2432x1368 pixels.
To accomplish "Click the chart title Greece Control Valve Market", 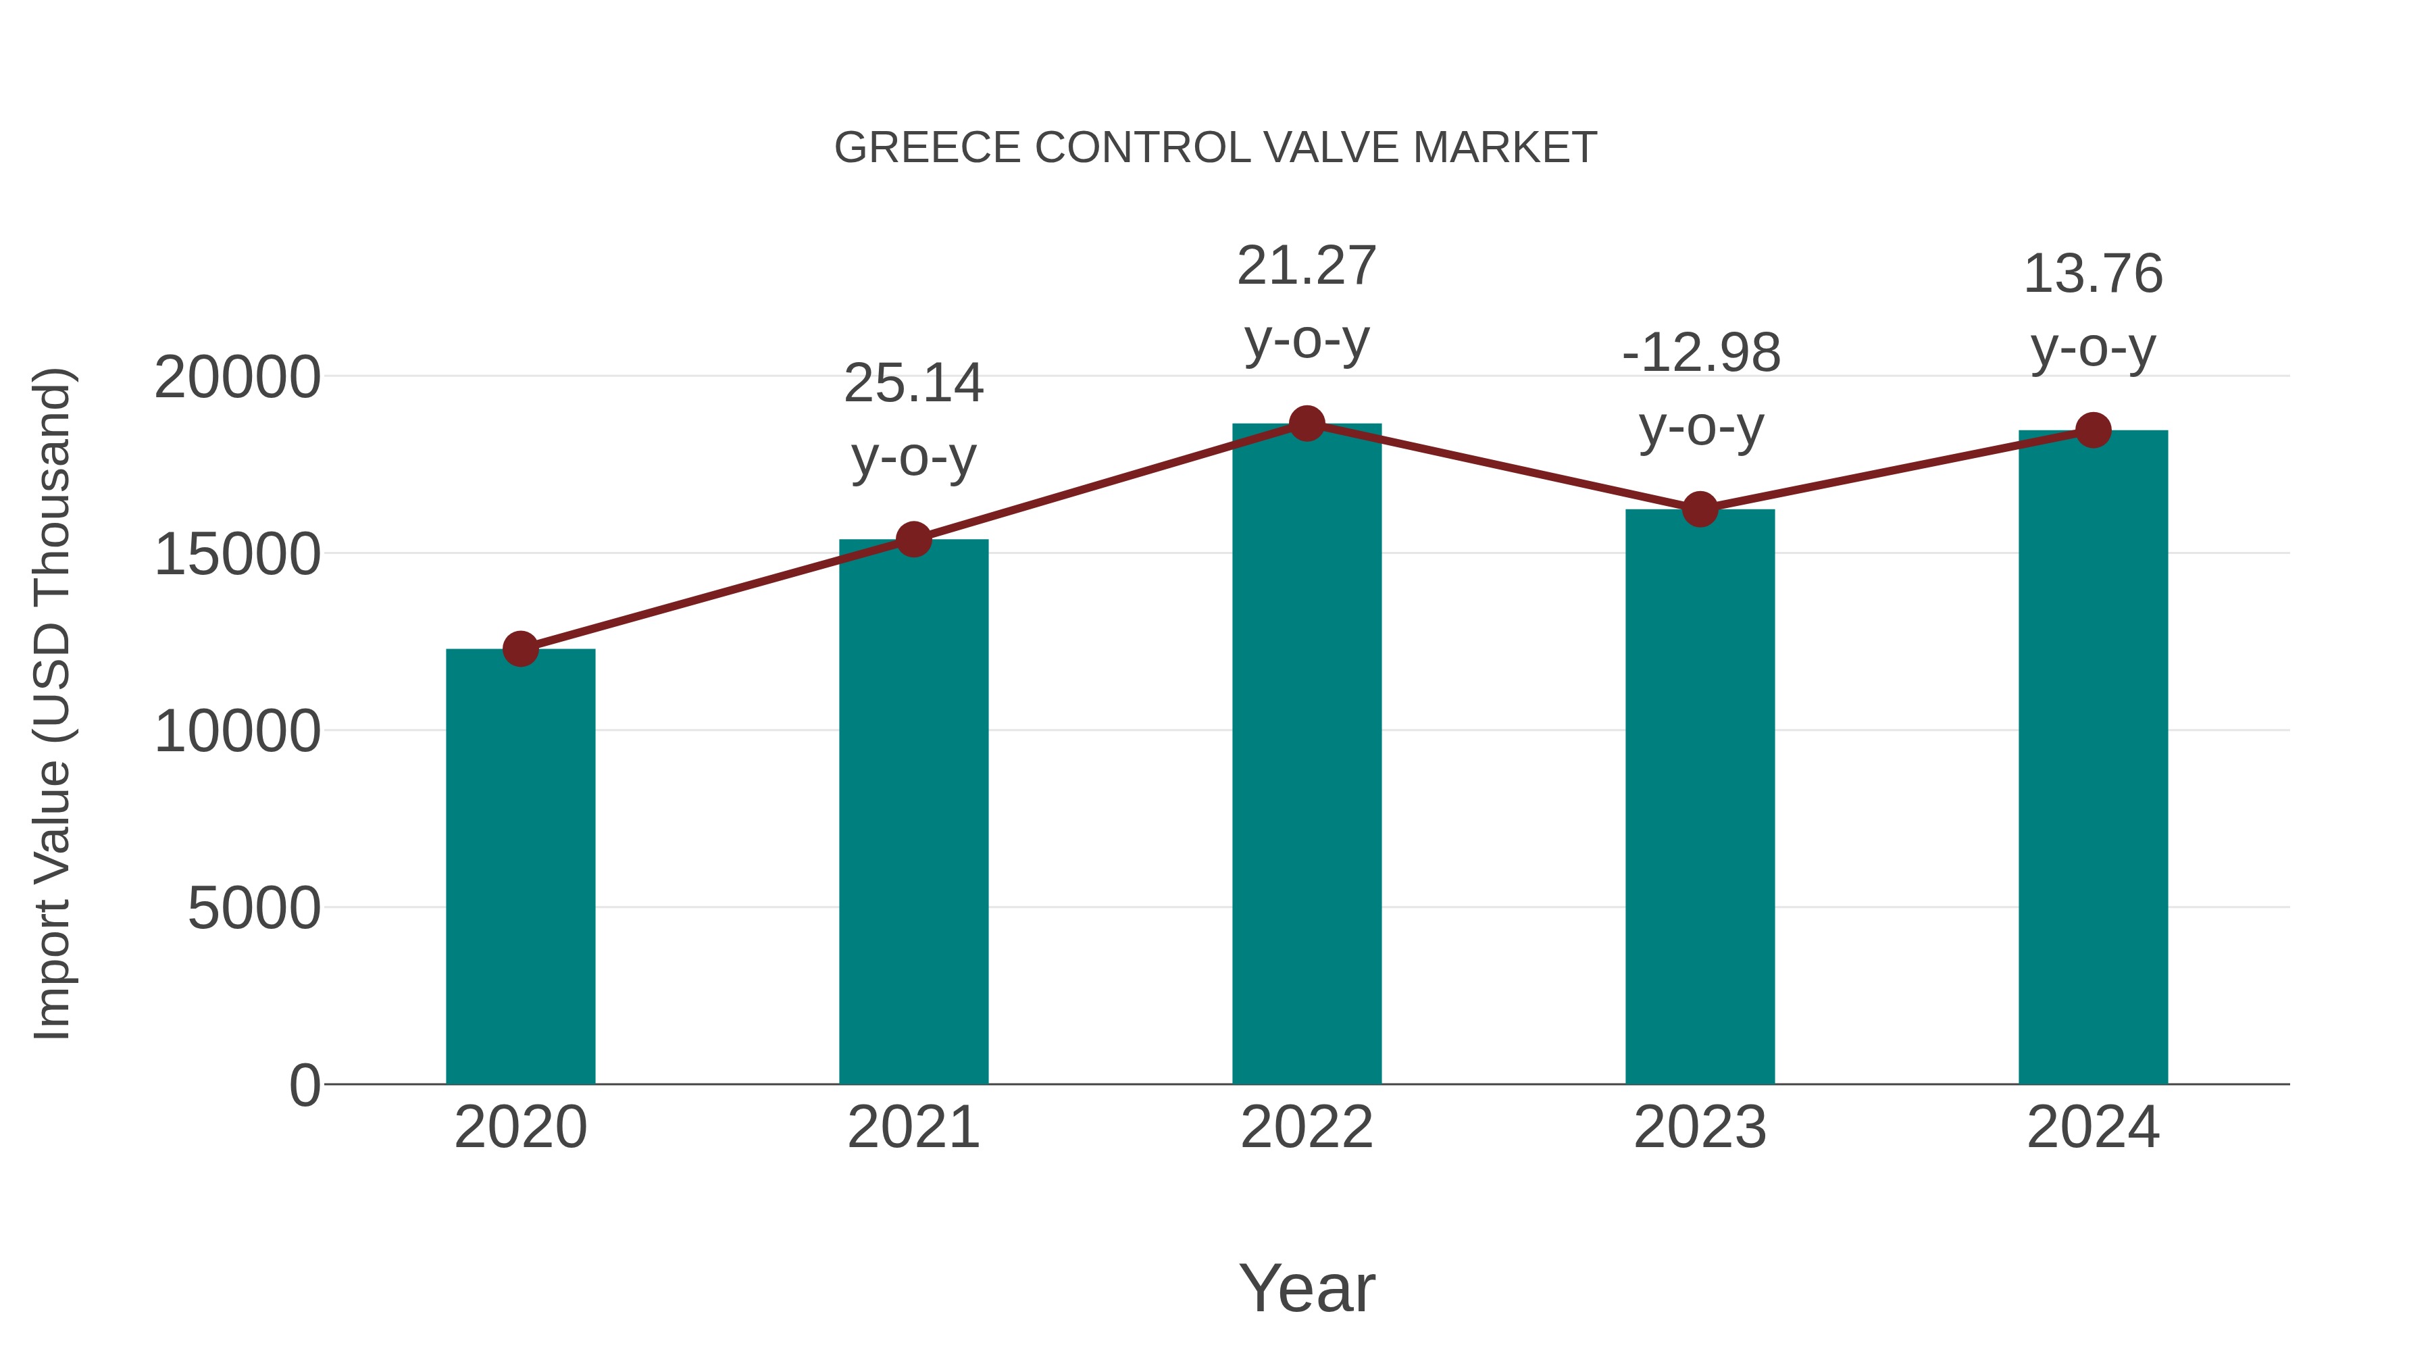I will [1215, 148].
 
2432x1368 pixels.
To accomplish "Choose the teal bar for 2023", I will [1700, 797].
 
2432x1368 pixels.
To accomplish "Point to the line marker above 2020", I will [520, 649].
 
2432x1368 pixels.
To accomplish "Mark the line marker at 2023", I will [1700, 510].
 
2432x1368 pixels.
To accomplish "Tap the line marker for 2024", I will [2093, 430].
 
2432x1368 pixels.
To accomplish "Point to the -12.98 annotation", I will [1700, 389].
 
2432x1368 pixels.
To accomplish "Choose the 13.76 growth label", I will [2093, 309].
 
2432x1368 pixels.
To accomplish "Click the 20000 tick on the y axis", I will [237, 378].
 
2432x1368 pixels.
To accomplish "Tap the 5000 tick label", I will [254, 909].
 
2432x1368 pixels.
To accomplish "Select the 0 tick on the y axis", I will [305, 1086].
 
